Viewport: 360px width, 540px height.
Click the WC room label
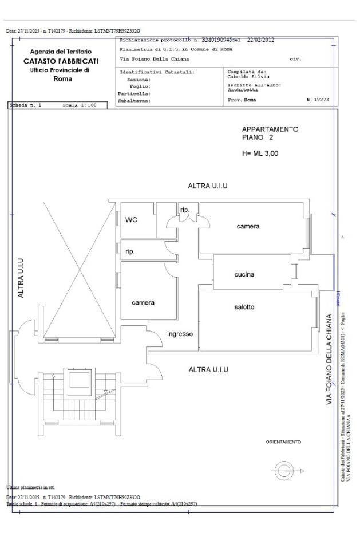131,219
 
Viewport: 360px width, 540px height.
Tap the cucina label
244,275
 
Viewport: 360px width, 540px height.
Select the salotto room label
244,308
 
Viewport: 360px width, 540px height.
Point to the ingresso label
180,334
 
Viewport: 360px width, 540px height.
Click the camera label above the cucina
248,226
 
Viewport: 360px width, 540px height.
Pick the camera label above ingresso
143,302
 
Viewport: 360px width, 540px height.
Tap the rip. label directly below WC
130,251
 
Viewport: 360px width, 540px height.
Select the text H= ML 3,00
260,153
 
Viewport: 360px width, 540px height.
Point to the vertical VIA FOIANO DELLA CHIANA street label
330,360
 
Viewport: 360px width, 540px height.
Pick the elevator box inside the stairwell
76,381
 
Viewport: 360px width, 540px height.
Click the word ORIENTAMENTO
283,442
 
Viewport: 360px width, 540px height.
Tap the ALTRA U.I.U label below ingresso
208,369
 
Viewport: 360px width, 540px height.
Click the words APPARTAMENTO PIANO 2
270,133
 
